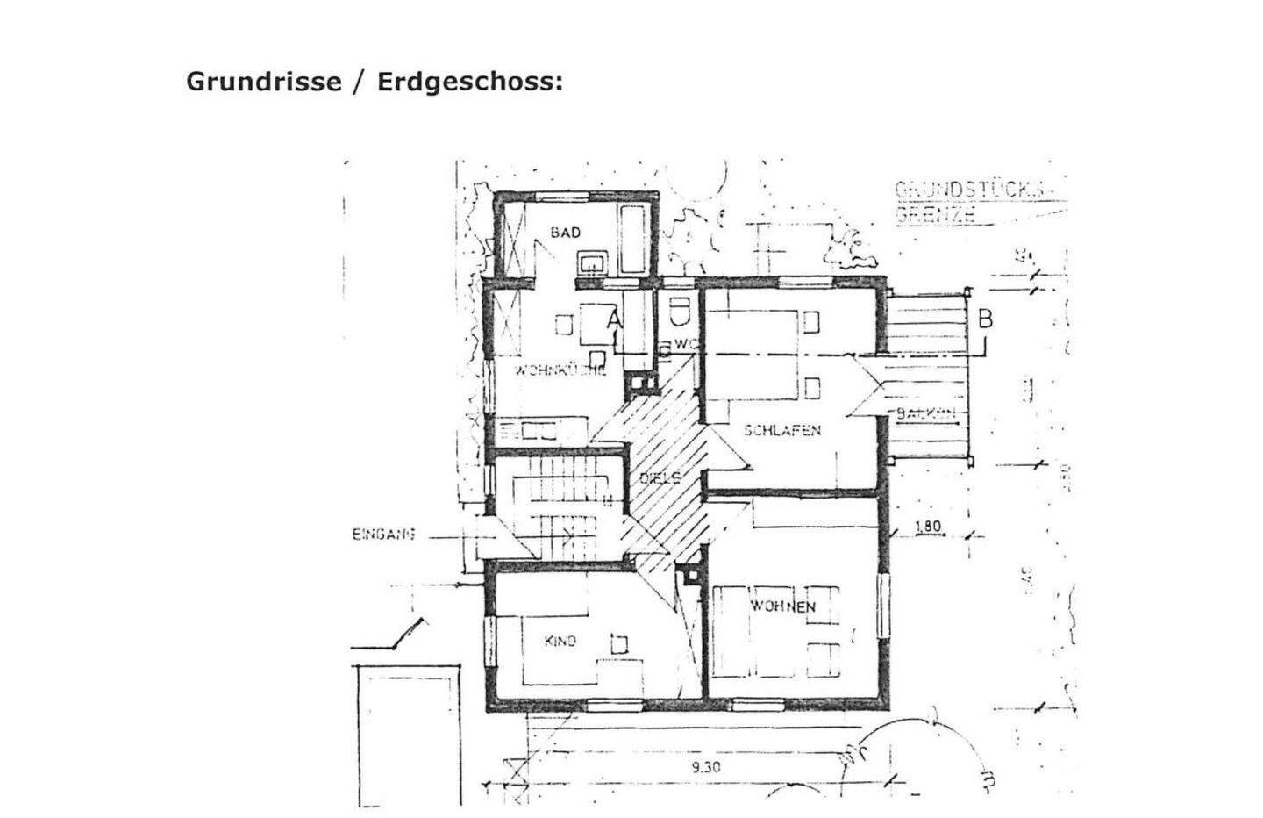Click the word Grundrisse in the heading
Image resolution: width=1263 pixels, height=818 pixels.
coord(263,82)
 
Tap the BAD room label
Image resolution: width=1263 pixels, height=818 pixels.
coord(566,232)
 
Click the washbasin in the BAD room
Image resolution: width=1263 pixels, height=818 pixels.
coord(590,262)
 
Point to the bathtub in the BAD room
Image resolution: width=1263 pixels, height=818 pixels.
coord(633,239)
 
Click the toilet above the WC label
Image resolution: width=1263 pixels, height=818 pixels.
coord(678,312)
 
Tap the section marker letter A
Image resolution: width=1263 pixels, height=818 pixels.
coord(614,321)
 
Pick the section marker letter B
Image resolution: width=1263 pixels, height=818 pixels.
coord(985,319)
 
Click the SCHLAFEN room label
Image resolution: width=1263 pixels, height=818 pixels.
coord(782,430)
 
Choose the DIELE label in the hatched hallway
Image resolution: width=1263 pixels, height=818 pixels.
coord(660,478)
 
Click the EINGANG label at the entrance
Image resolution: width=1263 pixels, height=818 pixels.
coord(383,534)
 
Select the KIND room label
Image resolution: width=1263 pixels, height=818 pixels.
coord(560,642)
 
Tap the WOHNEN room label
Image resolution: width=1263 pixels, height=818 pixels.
coord(783,606)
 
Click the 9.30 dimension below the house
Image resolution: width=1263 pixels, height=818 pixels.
coord(705,766)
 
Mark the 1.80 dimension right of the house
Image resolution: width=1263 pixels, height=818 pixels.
coord(927,527)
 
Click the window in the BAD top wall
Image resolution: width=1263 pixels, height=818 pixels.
coord(562,195)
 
